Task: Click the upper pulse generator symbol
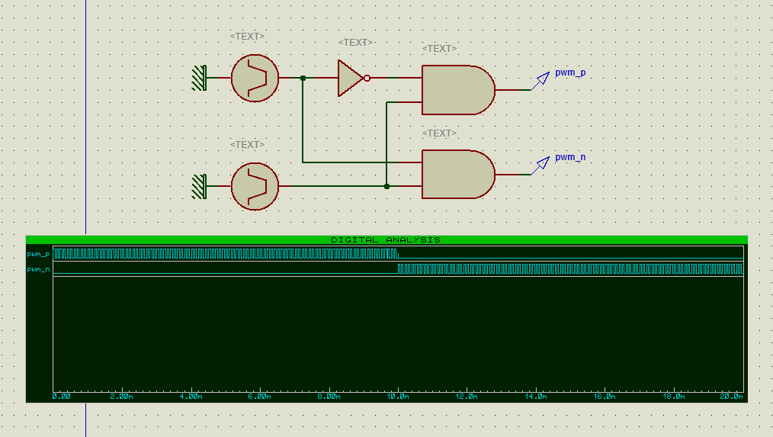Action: click(255, 78)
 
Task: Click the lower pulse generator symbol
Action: click(255, 186)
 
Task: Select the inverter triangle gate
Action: click(350, 78)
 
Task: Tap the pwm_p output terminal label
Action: click(570, 72)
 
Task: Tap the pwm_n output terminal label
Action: click(570, 157)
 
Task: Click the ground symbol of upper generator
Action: click(199, 78)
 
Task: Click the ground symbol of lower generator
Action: click(199, 186)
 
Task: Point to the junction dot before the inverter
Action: click(303, 78)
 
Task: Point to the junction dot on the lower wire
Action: click(386, 186)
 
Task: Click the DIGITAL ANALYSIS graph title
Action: click(386, 239)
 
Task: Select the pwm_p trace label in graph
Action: click(38, 254)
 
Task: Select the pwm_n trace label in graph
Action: click(38, 269)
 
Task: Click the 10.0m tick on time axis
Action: click(397, 397)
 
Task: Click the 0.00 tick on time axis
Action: click(62, 397)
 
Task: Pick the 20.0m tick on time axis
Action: click(732, 397)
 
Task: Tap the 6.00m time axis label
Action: click(260, 397)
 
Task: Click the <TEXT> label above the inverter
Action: click(355, 43)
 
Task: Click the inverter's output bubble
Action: click(367, 78)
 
